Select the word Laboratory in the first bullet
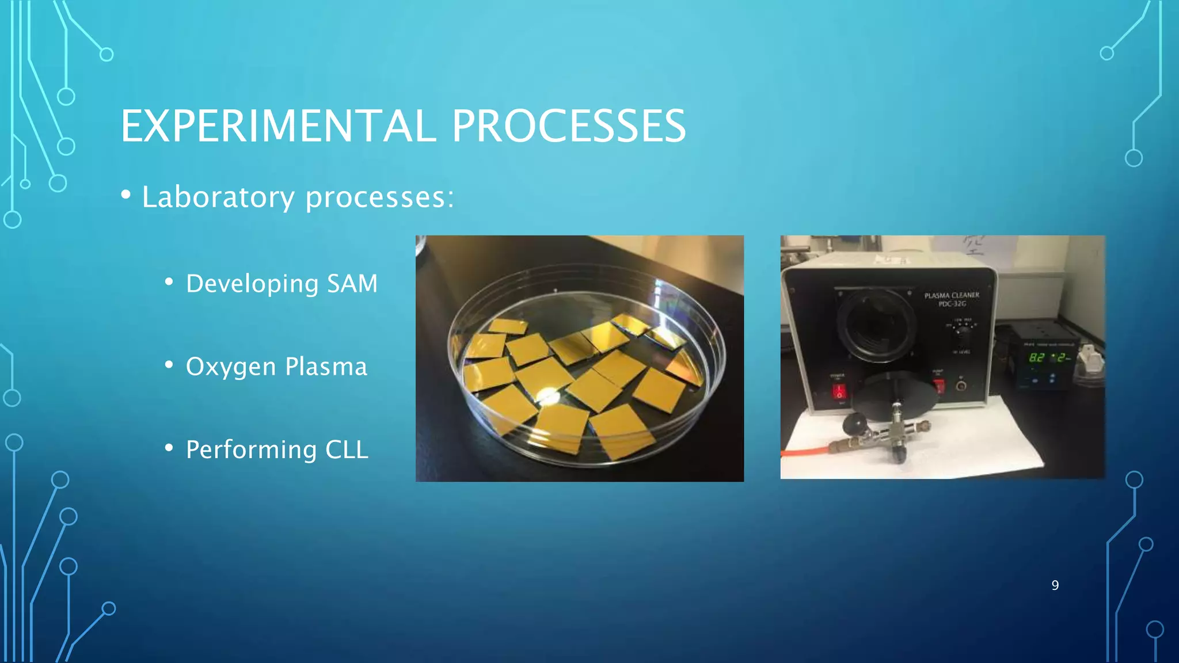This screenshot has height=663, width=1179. (x=218, y=197)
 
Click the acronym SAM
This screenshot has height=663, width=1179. (x=352, y=283)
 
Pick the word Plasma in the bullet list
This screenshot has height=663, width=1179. (x=326, y=367)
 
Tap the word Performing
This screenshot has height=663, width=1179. (x=251, y=450)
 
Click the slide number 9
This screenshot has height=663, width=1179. (x=1055, y=585)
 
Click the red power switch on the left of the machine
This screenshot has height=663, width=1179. (x=839, y=392)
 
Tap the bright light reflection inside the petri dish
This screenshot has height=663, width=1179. (x=548, y=395)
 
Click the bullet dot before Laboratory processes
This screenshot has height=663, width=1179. (x=125, y=195)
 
